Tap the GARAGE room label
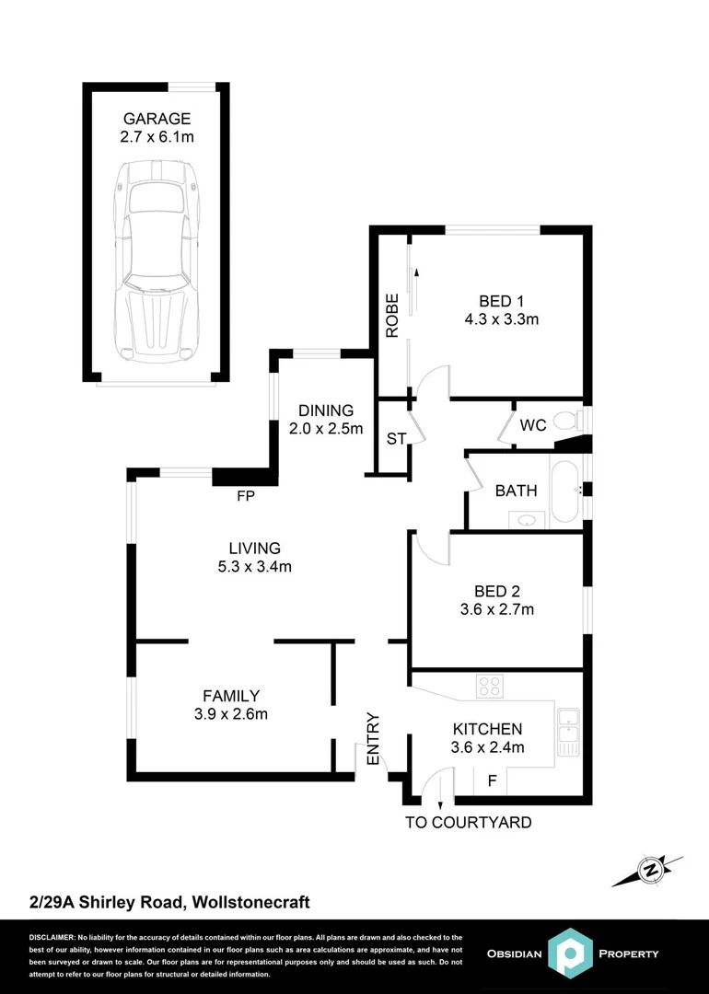pos(157,118)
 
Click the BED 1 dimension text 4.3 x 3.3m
pos(501,319)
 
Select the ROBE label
pos(392,316)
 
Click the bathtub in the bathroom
pos(564,491)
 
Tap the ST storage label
pos(395,439)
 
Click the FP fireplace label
pos(246,496)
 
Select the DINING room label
pos(325,410)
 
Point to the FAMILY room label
pos(231,696)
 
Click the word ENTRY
pos(373,738)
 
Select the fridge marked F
pos(492,781)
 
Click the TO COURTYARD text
pos(469,822)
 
